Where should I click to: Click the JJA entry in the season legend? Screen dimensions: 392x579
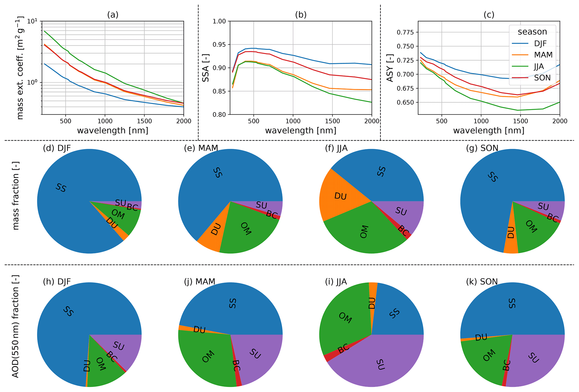click(539, 66)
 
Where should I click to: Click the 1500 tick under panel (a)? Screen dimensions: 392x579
click(144, 121)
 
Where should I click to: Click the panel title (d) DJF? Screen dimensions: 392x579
click(57, 148)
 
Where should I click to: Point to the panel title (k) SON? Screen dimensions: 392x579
click(482, 282)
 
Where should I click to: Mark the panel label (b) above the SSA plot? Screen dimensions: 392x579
click(301, 15)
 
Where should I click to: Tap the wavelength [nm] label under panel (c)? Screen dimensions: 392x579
click(489, 131)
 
